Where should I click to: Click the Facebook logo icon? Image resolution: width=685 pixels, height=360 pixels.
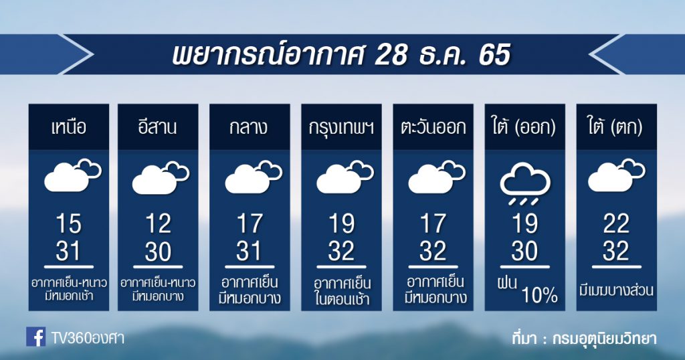point(35,337)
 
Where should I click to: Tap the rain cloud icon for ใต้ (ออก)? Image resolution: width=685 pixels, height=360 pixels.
point(524,184)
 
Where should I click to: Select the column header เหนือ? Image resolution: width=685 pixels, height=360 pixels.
point(69,128)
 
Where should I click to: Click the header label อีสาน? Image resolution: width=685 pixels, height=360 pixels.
point(158,126)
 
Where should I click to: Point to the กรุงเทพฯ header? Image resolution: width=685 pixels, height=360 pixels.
point(341,128)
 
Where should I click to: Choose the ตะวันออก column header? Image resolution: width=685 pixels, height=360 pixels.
point(433,128)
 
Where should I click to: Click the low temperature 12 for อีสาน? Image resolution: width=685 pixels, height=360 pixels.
point(158,223)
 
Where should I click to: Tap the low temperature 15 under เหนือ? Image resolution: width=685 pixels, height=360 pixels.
point(69,223)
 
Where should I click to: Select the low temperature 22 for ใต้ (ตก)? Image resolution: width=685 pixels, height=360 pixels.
point(616,223)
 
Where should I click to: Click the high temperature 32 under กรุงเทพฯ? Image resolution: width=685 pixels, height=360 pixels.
point(341,251)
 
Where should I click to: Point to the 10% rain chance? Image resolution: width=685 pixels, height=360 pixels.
point(540,296)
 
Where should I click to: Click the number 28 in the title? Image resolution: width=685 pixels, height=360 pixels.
point(391,55)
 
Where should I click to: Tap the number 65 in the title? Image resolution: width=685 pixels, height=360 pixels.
point(494,55)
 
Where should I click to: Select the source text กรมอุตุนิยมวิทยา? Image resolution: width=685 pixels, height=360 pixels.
point(604,338)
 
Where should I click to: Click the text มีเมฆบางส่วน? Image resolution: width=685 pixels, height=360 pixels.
point(616,290)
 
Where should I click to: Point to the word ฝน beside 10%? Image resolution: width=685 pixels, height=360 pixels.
point(508,282)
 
